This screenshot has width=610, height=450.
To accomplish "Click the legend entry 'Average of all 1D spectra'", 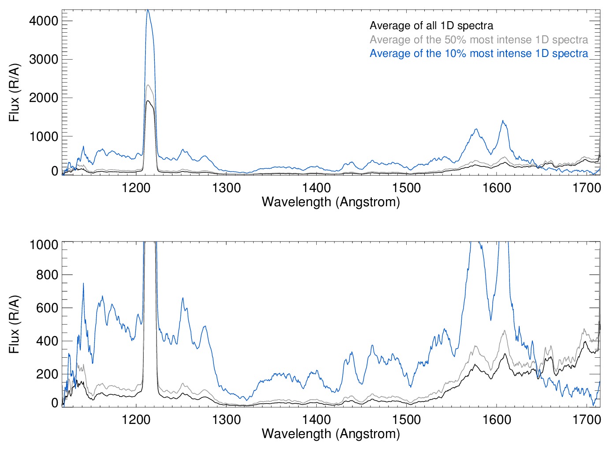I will (x=431, y=26).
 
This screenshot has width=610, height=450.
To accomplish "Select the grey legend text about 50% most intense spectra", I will (x=479, y=40).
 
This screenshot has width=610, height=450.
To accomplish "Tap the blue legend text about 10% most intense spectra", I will (x=479, y=53).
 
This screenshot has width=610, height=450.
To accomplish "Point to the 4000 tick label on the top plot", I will (x=44, y=21).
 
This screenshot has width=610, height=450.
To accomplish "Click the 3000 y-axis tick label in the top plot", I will (x=44, y=59).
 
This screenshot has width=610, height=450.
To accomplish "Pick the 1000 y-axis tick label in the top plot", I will (x=44, y=136).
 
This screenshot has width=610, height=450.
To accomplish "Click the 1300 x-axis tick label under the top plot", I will (x=226, y=188).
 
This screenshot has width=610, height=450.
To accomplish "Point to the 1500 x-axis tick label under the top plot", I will (x=406, y=188).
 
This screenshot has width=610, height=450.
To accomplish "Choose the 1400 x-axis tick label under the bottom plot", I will (x=316, y=419).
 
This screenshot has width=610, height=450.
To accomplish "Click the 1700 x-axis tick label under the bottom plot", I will (x=587, y=419).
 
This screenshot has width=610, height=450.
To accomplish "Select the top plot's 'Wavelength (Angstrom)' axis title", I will (x=331, y=202).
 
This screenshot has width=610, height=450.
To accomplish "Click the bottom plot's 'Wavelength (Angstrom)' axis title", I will (x=331, y=434).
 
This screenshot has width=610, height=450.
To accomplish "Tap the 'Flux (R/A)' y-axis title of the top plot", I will (x=15, y=93).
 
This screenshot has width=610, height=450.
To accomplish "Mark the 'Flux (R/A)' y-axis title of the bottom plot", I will (x=15, y=324).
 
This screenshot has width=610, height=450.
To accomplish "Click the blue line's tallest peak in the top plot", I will (x=148, y=10).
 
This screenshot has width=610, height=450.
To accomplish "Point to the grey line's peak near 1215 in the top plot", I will (x=148, y=85).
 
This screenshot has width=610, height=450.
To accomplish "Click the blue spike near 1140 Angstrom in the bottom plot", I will (x=83, y=284).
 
